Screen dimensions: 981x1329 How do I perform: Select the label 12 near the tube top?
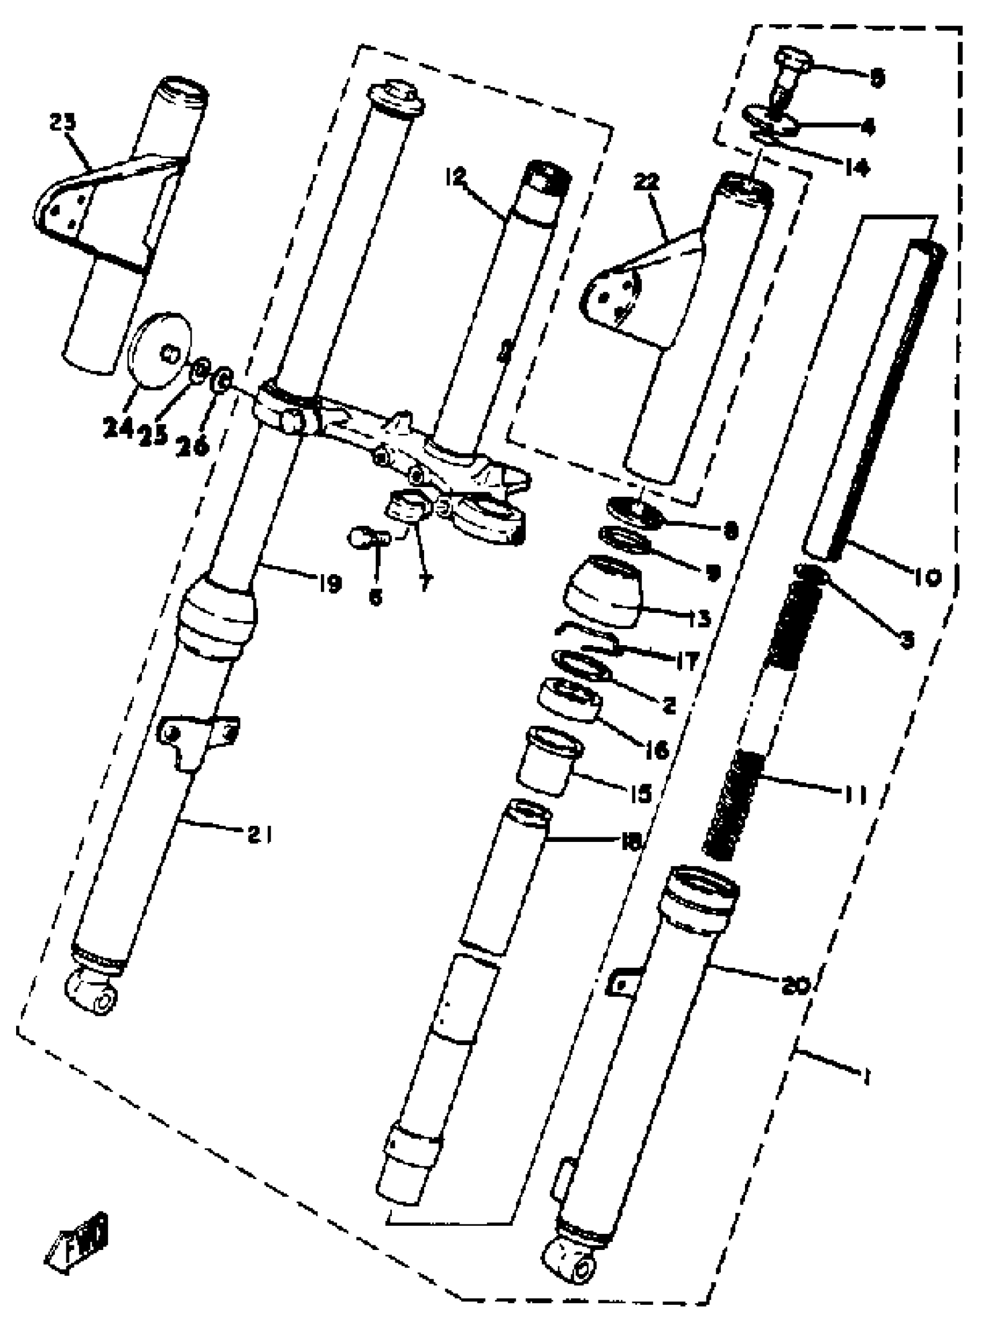456,177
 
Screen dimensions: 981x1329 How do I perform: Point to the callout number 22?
647,184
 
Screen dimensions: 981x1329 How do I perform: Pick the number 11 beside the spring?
853,793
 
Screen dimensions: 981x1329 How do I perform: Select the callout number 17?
687,660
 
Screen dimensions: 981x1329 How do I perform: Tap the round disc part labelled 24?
160,350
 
